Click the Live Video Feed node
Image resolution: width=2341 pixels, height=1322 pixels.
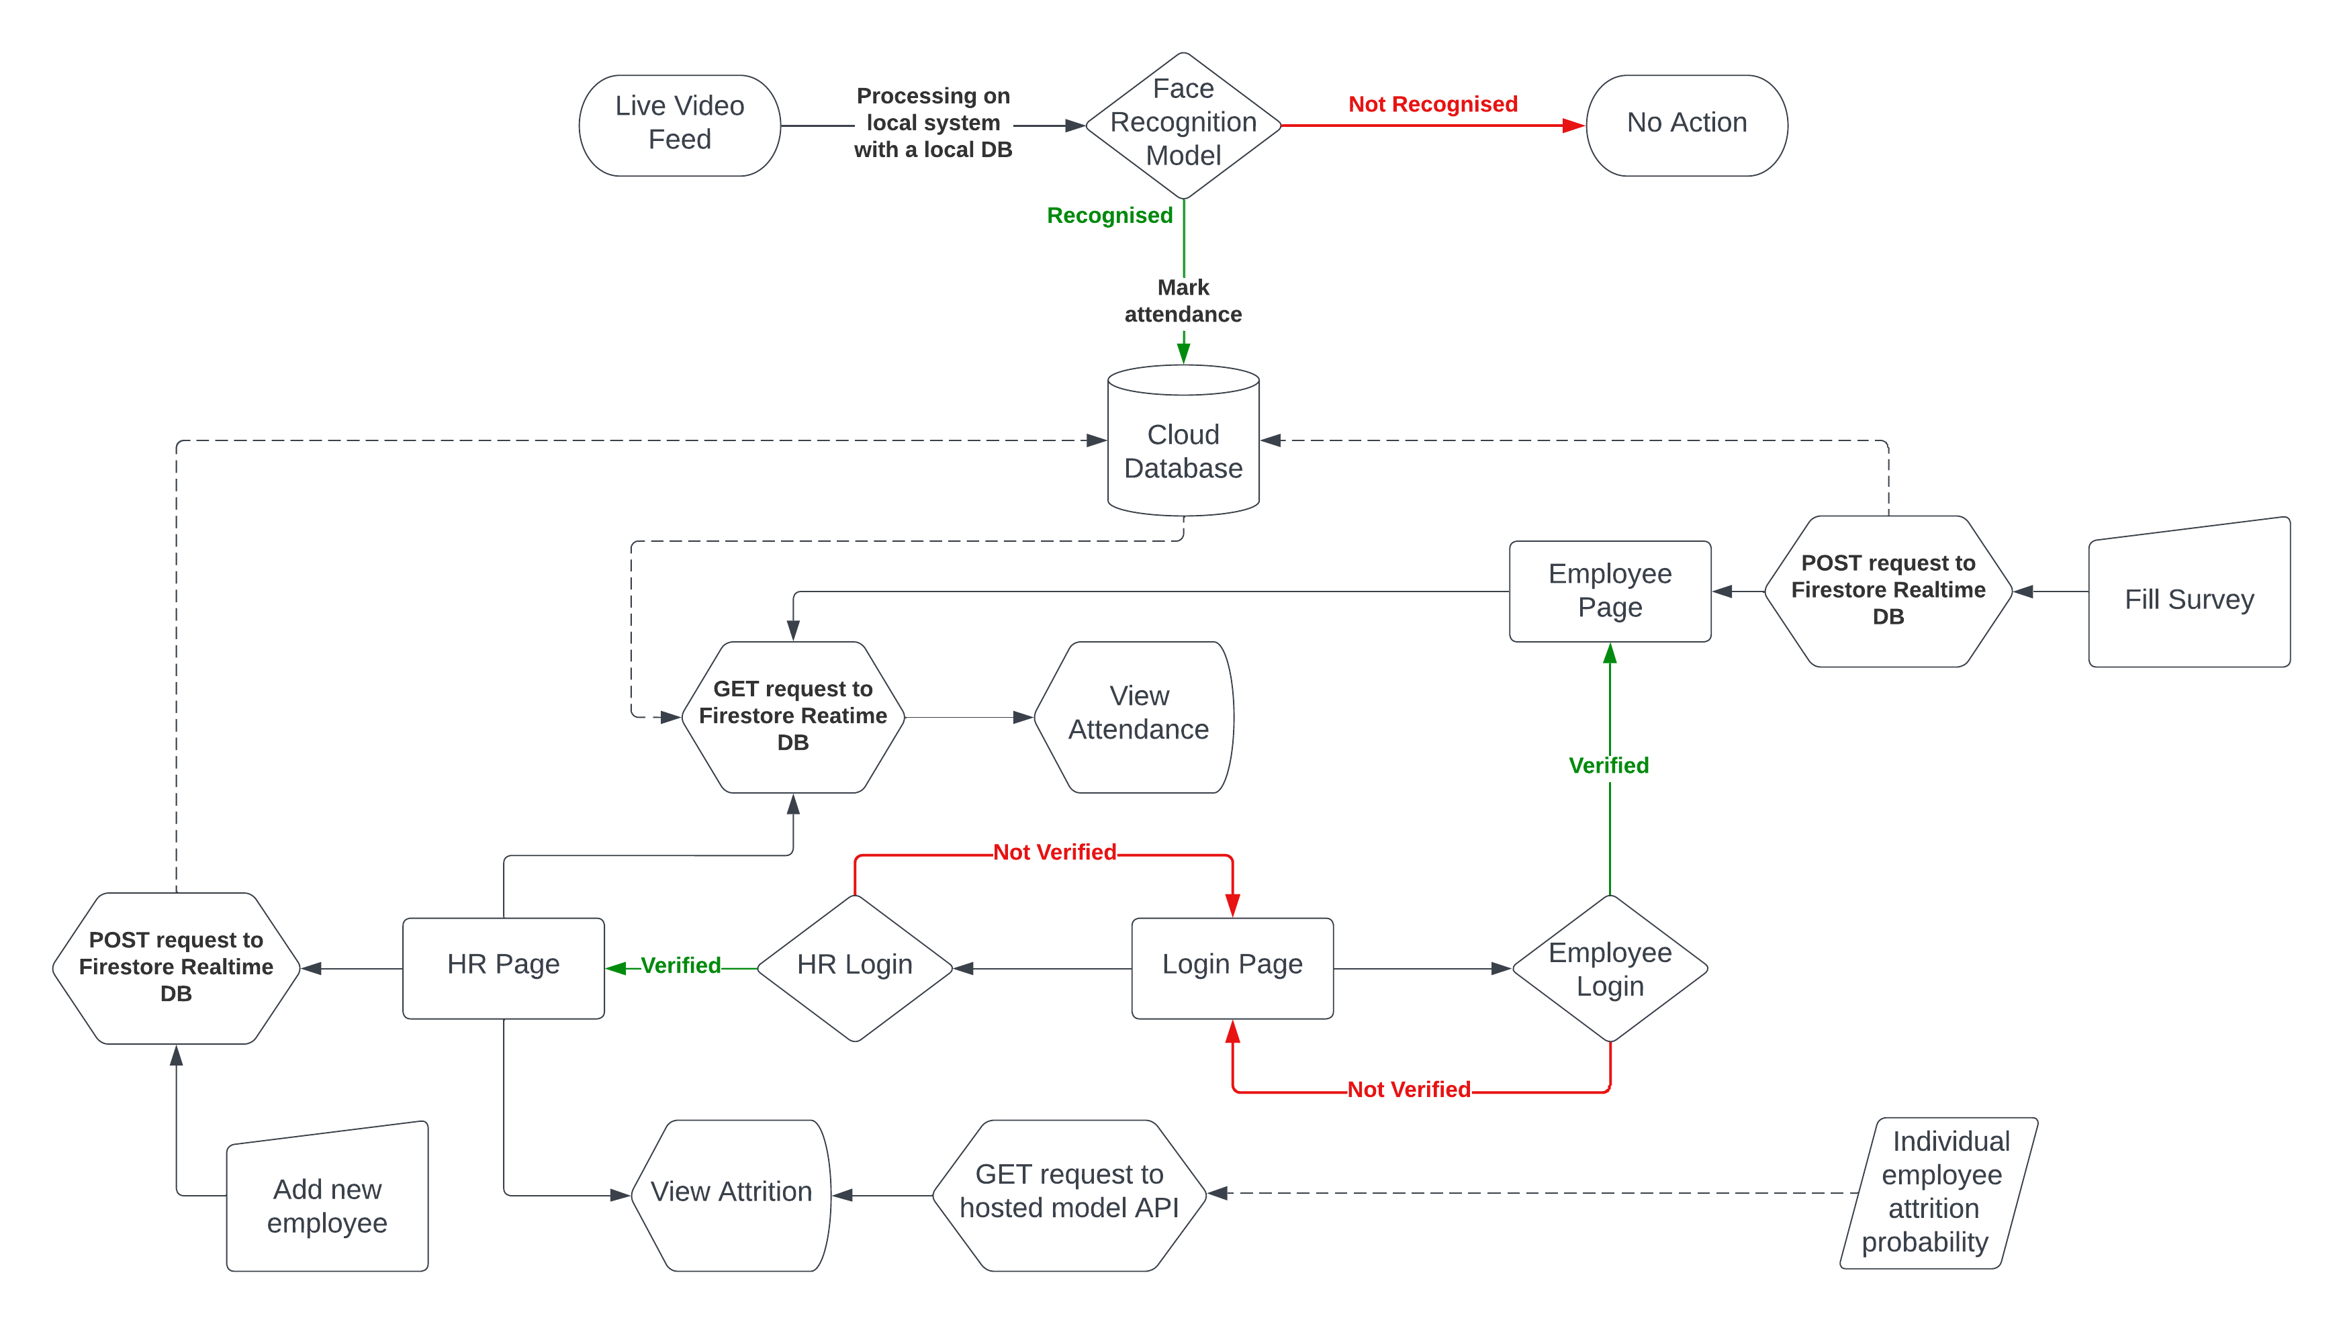pyautogui.click(x=679, y=124)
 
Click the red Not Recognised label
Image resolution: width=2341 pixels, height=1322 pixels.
pyautogui.click(x=1432, y=105)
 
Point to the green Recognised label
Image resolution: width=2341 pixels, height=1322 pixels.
pyautogui.click(x=1109, y=216)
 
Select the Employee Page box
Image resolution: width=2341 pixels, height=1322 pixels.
pyautogui.click(x=1610, y=591)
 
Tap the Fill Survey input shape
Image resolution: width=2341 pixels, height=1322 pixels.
pyautogui.click(x=2189, y=598)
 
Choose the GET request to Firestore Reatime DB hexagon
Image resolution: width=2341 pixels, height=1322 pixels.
pyautogui.click(x=792, y=716)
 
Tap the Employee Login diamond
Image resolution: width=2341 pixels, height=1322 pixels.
pyautogui.click(x=1610, y=969)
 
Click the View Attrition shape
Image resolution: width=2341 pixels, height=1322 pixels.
pyautogui.click(x=731, y=1193)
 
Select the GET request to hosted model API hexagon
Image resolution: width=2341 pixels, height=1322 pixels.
pyautogui.click(x=1068, y=1193)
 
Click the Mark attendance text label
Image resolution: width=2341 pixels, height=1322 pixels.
pyautogui.click(x=1183, y=301)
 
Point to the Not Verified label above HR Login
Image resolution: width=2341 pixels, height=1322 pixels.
pyautogui.click(x=1054, y=852)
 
